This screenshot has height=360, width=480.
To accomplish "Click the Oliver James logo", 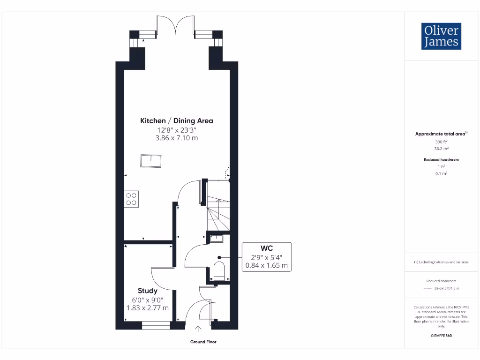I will point(441,36).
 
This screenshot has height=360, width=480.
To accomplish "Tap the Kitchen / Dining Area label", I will point(177,121).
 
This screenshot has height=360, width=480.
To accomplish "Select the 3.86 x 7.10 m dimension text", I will point(177,138).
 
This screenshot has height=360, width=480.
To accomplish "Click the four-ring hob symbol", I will point(131,199).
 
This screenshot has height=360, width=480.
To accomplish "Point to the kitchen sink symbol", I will point(150,161).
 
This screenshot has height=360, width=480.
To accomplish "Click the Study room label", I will point(147,291).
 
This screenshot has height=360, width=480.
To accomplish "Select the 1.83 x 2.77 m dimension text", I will point(147,308).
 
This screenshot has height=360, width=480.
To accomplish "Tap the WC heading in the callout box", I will point(267,248).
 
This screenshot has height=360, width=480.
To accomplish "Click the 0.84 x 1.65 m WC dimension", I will point(267,266).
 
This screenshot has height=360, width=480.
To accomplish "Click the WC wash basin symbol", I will point(217,239).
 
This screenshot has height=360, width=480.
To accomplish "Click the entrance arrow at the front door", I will point(198,330).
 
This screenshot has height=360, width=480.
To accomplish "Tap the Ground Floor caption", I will point(203,342).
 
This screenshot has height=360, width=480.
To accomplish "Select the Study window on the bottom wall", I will point(156,325).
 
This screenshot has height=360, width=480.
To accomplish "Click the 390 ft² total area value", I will point(441,141).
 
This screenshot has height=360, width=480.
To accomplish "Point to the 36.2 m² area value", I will point(441,148).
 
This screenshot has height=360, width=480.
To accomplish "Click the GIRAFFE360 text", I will point(441,336).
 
